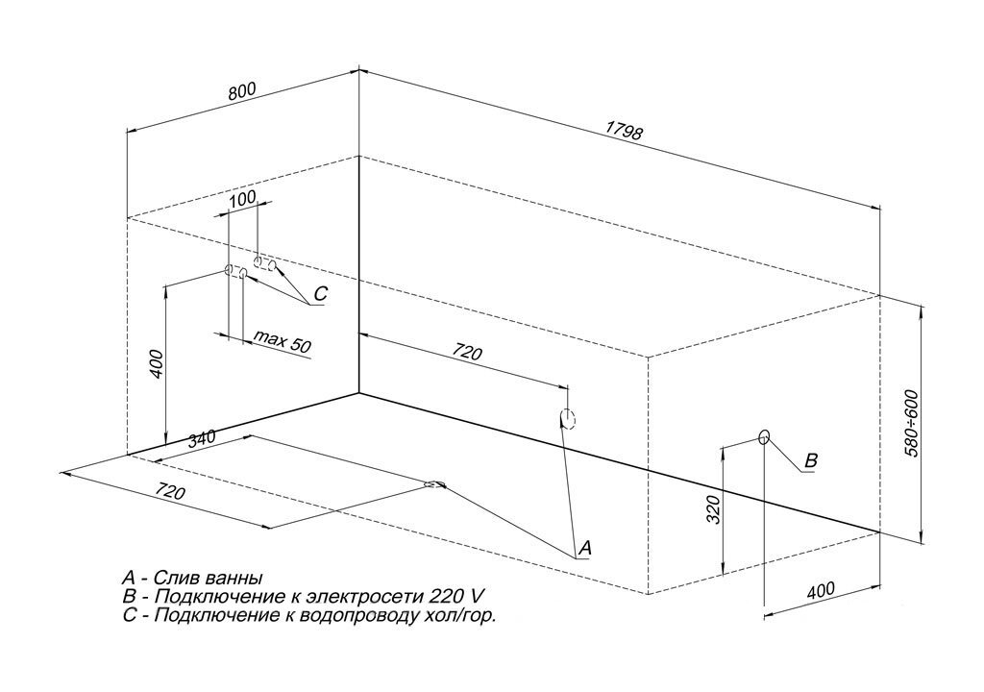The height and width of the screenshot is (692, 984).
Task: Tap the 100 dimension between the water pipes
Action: pos(243,198)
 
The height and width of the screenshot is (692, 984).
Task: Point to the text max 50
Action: pos(283,340)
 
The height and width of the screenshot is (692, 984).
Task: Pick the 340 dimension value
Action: pos(202,439)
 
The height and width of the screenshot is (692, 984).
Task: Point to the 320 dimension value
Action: pos(712,510)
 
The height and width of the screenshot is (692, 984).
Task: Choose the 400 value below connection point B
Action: pos(820,590)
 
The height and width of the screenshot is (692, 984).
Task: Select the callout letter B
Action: pos(810,461)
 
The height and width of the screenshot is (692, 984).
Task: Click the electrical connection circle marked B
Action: pos(764,437)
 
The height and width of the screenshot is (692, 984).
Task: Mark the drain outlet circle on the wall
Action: pos(567,418)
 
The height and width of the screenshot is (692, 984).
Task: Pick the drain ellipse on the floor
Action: pos(435,484)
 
